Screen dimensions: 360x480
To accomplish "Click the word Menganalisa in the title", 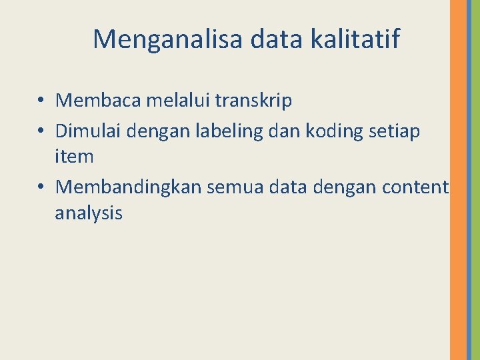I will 168,39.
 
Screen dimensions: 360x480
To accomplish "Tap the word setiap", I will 395,132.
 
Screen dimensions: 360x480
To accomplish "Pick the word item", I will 75,157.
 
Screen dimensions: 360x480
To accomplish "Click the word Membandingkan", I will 129,187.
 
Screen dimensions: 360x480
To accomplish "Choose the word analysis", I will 89,213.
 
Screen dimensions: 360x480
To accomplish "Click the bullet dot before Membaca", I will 41,101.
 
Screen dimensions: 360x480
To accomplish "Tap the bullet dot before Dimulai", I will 41,132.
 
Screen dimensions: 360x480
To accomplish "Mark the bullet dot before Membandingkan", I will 41,188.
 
